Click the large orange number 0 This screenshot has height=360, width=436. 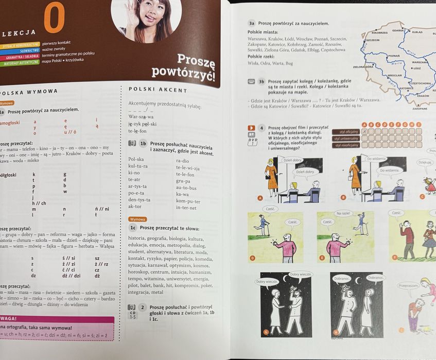pos(54,19)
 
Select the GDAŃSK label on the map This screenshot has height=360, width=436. pos(397,31)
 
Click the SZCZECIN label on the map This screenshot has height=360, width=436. pos(373,40)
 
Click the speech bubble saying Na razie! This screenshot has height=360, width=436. pos(343,213)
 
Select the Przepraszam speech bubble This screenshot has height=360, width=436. pos(408,285)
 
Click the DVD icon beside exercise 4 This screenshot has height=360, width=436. pos(252,140)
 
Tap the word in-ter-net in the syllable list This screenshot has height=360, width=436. pos(186,208)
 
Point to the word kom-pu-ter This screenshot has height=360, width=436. pos(188,201)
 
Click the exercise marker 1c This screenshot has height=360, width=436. pos(133,228)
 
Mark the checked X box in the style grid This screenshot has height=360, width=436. pos(364,132)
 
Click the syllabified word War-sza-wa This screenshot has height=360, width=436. pos(141,117)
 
